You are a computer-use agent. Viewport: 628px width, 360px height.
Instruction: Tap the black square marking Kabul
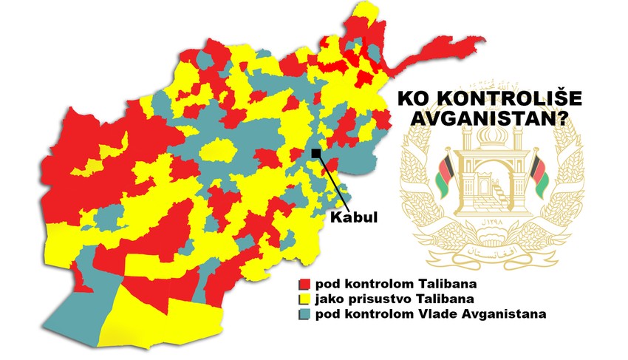click(315, 153)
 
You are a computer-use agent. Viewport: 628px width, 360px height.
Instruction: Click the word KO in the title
click(414, 99)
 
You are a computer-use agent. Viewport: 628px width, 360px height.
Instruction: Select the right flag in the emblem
click(539, 175)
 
